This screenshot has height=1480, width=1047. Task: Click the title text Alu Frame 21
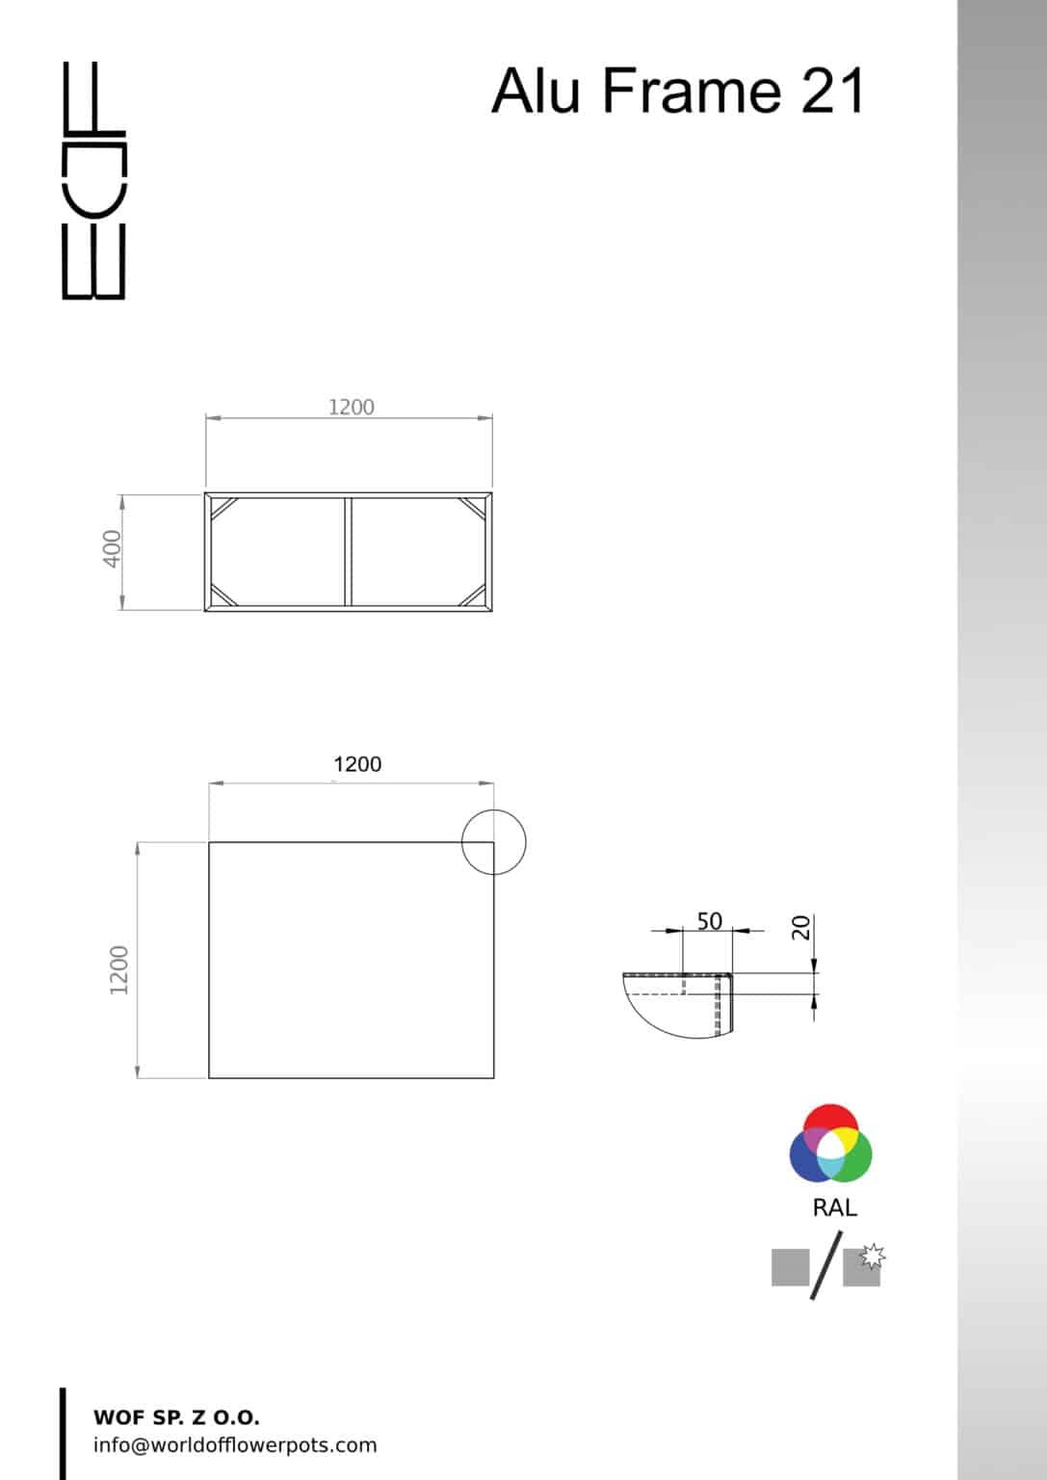pos(678,92)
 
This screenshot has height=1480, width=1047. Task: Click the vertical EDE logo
pos(93,180)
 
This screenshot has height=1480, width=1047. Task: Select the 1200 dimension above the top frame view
pos(351,407)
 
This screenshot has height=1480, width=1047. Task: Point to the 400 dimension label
pos(113,548)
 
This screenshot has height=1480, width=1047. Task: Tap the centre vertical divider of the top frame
pos(348,552)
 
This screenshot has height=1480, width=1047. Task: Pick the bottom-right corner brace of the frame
pos(473,596)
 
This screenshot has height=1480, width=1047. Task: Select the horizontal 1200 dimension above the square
pos(356,764)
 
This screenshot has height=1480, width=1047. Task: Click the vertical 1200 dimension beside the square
pos(119,969)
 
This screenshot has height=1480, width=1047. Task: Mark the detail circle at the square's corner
pos(493,841)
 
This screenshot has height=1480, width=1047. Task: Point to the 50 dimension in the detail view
pos(709,921)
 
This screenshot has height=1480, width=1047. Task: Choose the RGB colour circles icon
pos(830,1144)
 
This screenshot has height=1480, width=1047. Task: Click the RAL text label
pos(834,1207)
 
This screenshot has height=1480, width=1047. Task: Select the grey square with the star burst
pos(862,1266)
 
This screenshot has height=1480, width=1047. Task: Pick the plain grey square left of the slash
pos(790,1267)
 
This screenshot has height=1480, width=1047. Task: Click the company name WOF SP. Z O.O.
pos(176,1417)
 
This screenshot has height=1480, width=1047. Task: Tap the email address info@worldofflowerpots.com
pos(235,1445)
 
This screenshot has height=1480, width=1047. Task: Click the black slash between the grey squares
pos(826,1265)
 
